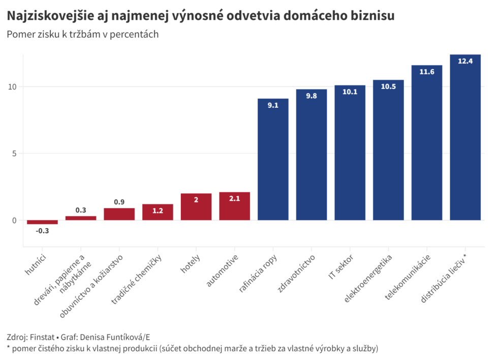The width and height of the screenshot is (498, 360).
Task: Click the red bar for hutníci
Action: (x=42, y=222)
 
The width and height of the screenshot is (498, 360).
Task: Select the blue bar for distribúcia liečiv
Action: (x=465, y=142)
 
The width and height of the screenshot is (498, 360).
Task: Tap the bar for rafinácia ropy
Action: (x=273, y=163)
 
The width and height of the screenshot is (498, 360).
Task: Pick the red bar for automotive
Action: (x=234, y=206)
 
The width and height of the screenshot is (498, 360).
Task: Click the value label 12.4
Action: (x=465, y=61)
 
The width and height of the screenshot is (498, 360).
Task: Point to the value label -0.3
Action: (x=42, y=231)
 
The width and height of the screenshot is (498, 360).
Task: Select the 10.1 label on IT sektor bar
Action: (x=350, y=92)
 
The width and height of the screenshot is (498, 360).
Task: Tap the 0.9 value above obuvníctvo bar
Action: (x=119, y=202)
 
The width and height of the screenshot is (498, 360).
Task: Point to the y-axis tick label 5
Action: (x=14, y=154)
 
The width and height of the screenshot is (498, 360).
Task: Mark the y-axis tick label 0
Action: (x=14, y=221)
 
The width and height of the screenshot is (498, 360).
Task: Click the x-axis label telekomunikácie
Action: (x=408, y=276)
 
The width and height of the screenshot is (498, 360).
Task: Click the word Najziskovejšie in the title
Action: (x=48, y=16)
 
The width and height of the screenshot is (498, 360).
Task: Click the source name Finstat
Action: (x=43, y=337)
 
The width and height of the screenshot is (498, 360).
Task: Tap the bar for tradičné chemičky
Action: (x=158, y=212)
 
